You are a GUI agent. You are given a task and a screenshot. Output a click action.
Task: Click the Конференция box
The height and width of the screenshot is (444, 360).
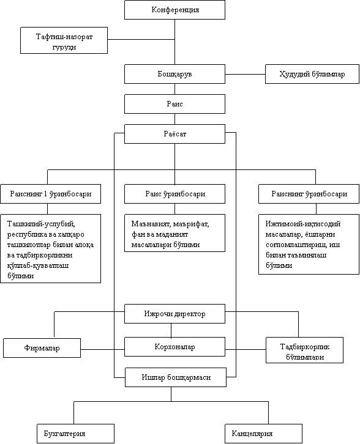click(174, 10)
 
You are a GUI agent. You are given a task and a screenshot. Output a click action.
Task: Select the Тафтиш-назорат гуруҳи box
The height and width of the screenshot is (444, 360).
click(64, 40)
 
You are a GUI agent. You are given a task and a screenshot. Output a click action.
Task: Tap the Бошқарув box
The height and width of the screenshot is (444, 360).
click(174, 74)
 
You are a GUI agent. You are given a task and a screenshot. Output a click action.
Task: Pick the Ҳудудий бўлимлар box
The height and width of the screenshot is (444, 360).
click(312, 74)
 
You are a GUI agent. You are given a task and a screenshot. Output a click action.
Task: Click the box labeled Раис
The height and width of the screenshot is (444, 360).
click(174, 104)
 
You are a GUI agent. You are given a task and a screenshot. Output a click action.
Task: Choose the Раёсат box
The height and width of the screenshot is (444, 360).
click(174, 134)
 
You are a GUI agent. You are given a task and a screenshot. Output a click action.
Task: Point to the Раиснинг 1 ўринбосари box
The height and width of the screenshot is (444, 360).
click(50, 194)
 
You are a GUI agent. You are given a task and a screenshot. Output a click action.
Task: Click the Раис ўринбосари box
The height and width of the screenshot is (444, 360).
click(174, 194)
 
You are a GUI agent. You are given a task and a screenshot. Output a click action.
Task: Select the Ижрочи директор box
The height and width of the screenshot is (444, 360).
click(174, 314)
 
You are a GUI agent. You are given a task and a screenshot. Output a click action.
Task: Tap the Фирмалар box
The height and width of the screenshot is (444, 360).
click(42, 348)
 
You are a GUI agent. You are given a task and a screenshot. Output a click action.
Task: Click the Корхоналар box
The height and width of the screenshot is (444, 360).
click(174, 347)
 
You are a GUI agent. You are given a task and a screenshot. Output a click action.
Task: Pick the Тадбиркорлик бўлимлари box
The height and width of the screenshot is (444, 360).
click(304, 350)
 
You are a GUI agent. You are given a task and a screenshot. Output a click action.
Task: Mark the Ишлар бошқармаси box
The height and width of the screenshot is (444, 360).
click(176, 377)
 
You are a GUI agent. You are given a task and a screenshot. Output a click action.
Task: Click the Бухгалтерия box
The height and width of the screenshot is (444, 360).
click(75, 434)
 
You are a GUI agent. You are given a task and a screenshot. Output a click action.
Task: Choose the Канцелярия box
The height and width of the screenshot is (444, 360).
click(264, 434)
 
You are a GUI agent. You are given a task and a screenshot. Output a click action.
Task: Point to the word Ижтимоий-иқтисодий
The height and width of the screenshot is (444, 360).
click(302, 224)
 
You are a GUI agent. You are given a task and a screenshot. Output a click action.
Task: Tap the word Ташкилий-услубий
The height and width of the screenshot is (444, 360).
click(41, 224)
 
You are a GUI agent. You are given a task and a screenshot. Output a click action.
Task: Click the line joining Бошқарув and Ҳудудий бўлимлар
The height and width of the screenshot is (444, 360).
click(245, 74)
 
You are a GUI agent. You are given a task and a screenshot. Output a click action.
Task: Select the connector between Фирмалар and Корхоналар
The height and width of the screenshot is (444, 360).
click(103, 349)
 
